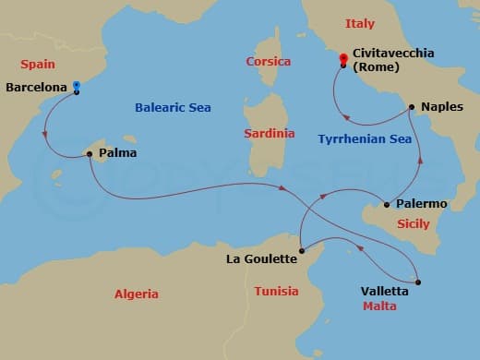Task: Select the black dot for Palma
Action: [89, 153]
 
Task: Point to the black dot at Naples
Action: [411, 107]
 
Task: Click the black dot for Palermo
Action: [386, 204]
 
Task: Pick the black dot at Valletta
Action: [418, 282]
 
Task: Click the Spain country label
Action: [38, 65]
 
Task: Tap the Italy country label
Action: [360, 23]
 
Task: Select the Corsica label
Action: [269, 62]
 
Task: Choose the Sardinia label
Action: [269, 134]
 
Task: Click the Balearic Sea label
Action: [173, 108]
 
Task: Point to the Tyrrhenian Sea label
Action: [364, 139]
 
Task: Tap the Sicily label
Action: [412, 223]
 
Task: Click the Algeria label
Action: [136, 294]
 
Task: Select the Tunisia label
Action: [276, 292]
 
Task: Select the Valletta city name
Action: [384, 290]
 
